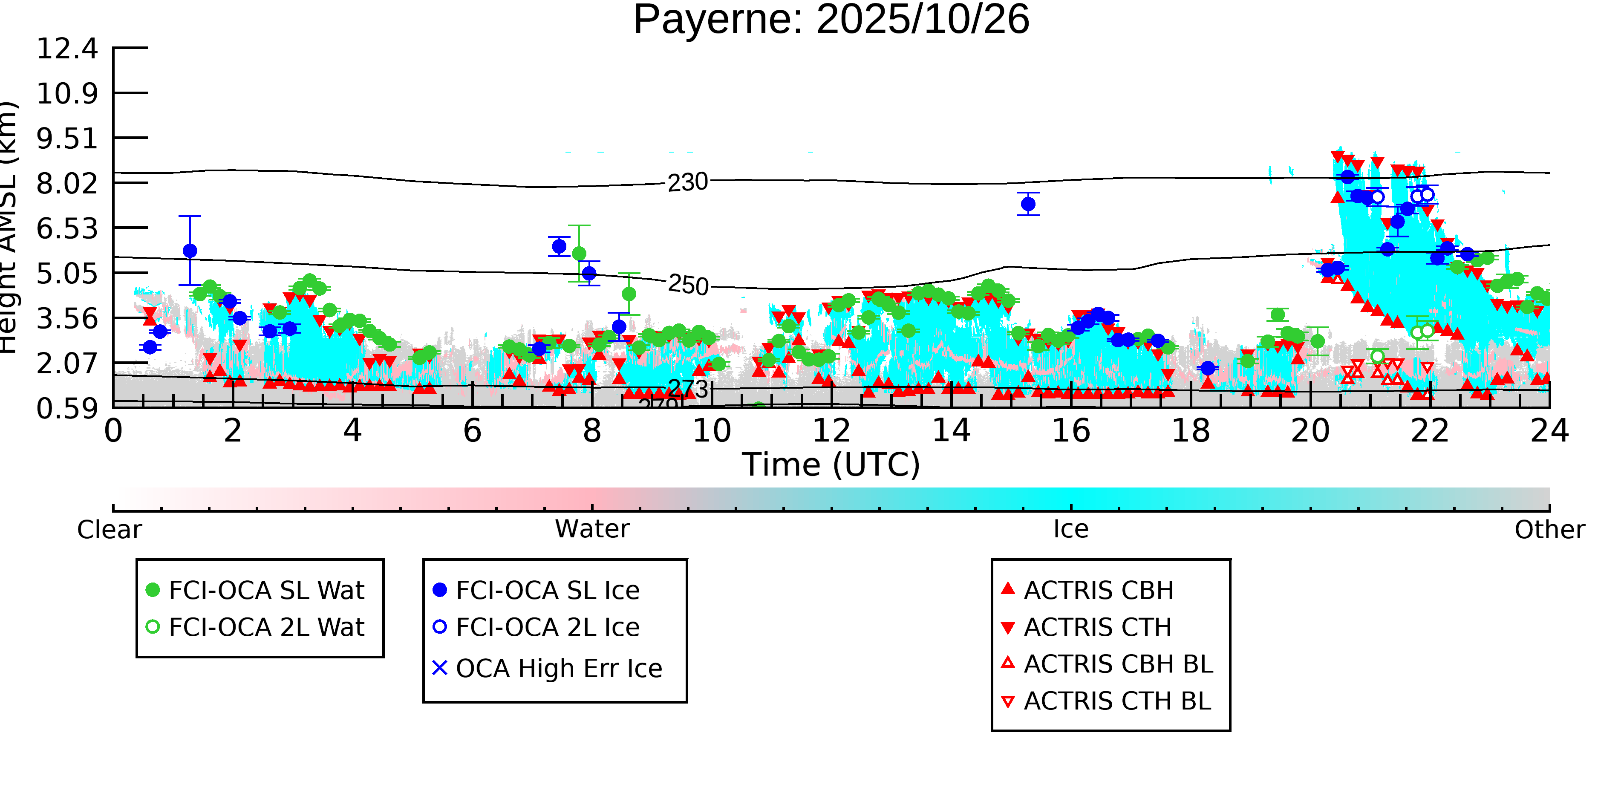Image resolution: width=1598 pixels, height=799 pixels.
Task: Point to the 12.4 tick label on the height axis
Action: click(x=67, y=49)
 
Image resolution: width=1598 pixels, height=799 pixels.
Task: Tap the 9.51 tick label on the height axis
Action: click(x=67, y=138)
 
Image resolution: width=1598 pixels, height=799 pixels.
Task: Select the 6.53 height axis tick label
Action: click(x=67, y=229)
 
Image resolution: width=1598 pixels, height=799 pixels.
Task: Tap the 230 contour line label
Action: click(x=687, y=182)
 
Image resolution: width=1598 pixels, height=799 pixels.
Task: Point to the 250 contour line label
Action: click(x=688, y=286)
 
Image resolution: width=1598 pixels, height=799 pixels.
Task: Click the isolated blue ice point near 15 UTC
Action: click(x=1028, y=203)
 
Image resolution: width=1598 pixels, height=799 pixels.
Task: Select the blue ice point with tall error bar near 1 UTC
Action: click(x=190, y=251)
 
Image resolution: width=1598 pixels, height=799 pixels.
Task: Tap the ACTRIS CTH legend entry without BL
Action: click(x=1097, y=627)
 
